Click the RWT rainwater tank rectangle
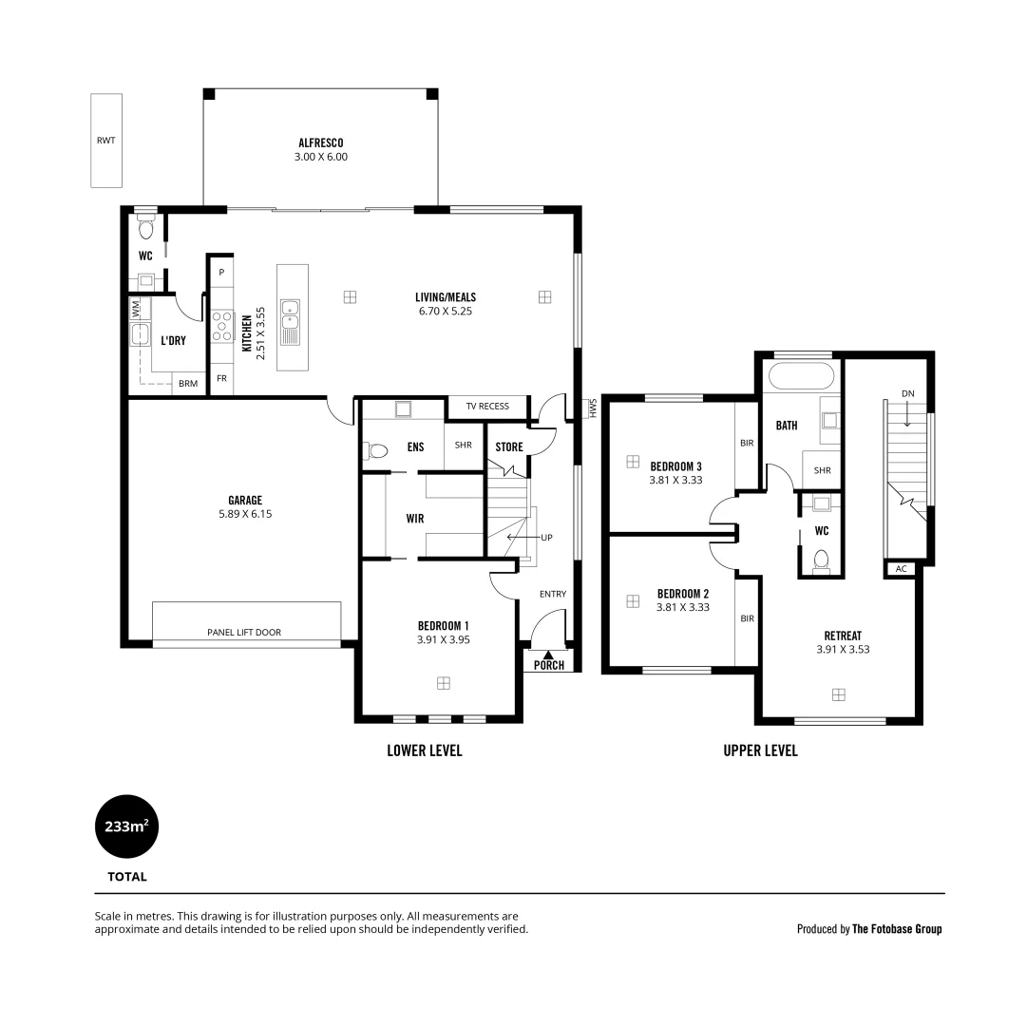105,141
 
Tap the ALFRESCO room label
321,143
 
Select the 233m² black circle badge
126,826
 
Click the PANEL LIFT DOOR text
244,632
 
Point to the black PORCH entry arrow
548,653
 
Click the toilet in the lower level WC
145,228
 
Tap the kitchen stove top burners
222,326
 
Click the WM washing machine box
136,309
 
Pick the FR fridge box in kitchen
221,378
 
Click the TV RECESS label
486,407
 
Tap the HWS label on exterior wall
590,408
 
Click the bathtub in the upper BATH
801,376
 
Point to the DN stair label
907,393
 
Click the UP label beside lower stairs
546,538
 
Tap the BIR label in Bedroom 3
747,443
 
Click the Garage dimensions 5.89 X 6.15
244,514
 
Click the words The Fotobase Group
897,929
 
